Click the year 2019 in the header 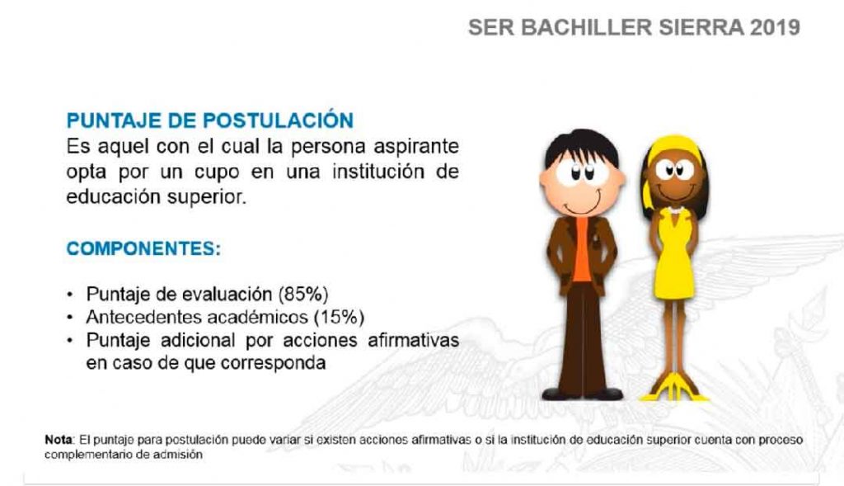pos(774,27)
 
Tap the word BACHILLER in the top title pos(586,27)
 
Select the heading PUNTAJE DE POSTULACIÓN pos(210,120)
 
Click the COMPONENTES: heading pos(143,248)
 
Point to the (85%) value pos(303,295)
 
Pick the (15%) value pos(339,317)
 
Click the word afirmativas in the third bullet pos(413,340)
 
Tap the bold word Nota pos(59,440)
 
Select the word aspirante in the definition pos(416,147)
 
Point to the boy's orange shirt pos(581,248)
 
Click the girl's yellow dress pos(674,254)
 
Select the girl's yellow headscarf pos(673,149)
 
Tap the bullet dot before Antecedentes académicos pos(69,318)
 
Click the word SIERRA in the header pos(701,27)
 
